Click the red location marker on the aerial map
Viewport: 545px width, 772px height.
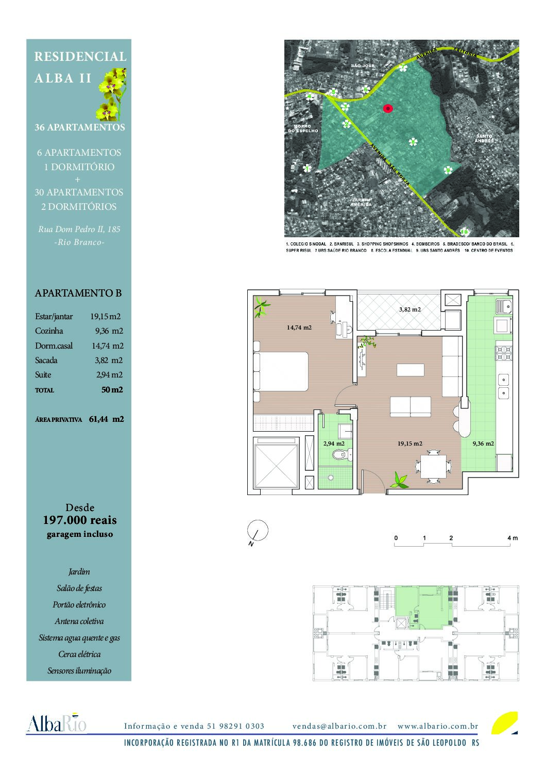pyautogui.click(x=387, y=108)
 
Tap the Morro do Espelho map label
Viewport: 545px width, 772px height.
pyautogui.click(x=303, y=128)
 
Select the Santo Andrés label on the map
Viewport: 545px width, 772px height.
pyautogui.click(x=484, y=138)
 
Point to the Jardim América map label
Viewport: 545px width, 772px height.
pyautogui.click(x=361, y=202)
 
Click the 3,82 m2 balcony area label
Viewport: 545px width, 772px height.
pyautogui.click(x=410, y=309)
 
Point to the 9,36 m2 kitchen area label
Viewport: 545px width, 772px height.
pyautogui.click(x=483, y=443)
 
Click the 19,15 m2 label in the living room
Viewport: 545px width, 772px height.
pyautogui.click(x=410, y=444)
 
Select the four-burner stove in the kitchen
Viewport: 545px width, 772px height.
pyautogui.click(x=503, y=353)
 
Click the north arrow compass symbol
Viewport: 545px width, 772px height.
pyautogui.click(x=258, y=531)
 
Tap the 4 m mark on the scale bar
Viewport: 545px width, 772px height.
pyautogui.click(x=512, y=538)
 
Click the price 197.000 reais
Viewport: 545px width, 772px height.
pyautogui.click(x=79, y=520)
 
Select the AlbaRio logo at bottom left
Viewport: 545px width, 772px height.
pyautogui.click(x=57, y=724)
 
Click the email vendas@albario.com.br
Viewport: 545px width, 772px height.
pyautogui.click(x=339, y=726)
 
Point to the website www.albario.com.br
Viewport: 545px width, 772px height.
pyautogui.click(x=438, y=726)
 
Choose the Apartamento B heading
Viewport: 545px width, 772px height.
pyautogui.click(x=78, y=293)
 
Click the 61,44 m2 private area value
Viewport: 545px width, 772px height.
pyautogui.click(x=106, y=419)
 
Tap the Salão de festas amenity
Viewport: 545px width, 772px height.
pyautogui.click(x=79, y=588)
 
